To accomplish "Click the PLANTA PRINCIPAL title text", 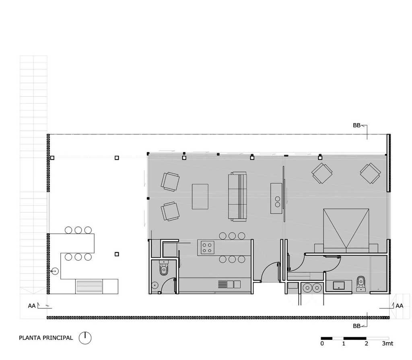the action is pos(46,338).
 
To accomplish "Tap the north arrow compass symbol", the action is pos(85,338).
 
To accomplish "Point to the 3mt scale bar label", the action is pos(387,343).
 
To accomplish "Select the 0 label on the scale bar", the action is pos(322,343).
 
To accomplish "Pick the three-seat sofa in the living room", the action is pos(237,197).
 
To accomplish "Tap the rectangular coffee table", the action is pos(200,197).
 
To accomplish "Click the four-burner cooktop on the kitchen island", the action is pos(207,248).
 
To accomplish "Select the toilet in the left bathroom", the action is pos(164,268).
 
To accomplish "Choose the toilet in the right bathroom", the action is pos(360,284).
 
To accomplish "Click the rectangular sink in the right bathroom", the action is pos(339,286).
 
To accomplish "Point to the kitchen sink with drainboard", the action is pos(229,285).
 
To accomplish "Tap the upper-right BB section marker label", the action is pos(356,125).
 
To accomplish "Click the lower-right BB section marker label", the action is pos(356,326).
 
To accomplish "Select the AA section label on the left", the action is pos(32,306).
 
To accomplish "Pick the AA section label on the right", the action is pos(400,306).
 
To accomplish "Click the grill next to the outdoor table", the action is pos(89,286).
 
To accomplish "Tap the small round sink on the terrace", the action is pos(55,271).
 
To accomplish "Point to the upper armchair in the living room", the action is pos(170,182).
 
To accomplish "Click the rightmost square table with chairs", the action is pos(370,173).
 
